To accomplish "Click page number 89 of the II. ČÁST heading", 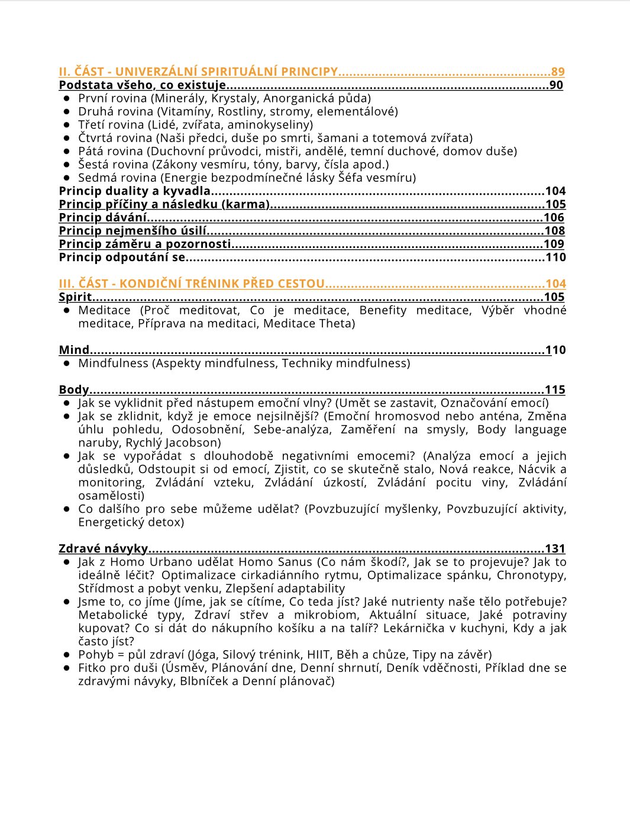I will [557, 72].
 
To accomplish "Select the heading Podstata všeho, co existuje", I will [142, 85].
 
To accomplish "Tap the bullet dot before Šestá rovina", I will [67, 165].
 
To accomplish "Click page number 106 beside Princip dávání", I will [554, 217].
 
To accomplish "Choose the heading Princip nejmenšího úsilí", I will [133, 231].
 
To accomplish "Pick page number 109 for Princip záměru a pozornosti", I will [554, 244].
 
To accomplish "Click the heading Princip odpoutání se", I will [122, 257].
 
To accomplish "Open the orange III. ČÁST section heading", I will [192, 284].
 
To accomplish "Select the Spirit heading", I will [75, 297].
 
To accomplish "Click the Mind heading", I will [74, 350].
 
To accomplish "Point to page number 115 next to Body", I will [555, 390].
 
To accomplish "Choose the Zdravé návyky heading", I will [103, 549].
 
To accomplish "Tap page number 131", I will [555, 549].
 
